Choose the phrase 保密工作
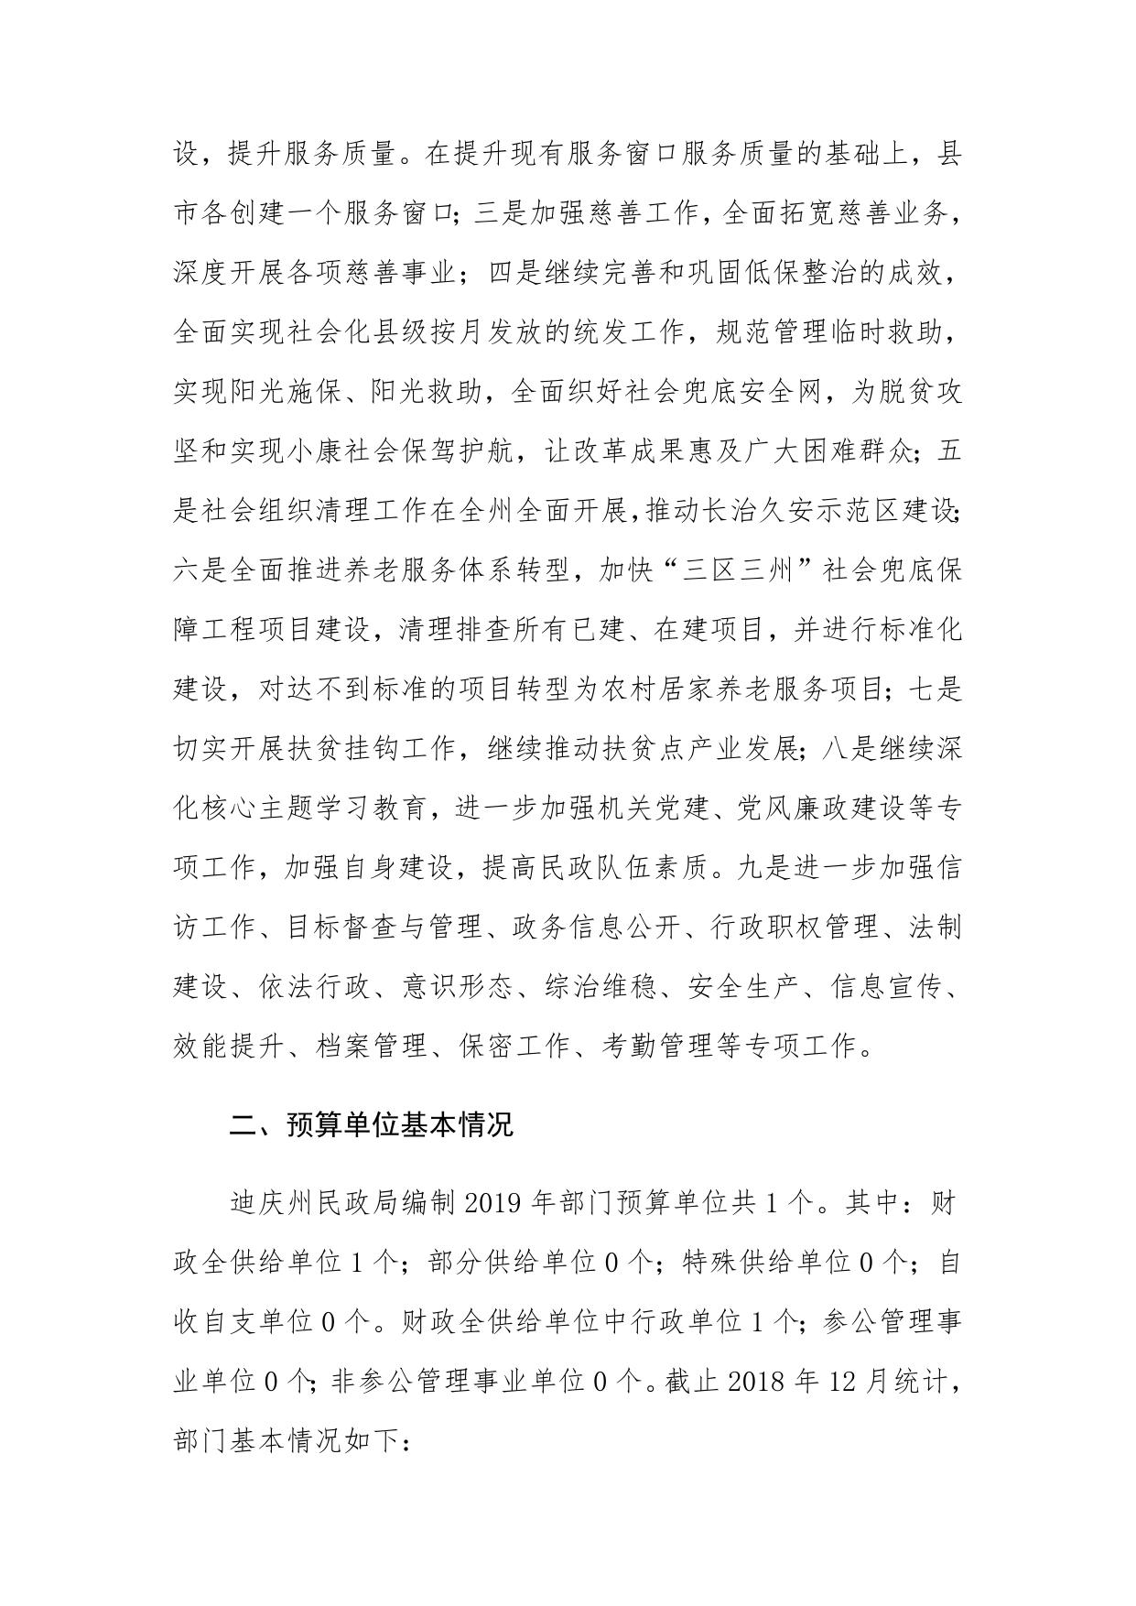(512, 1046)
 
